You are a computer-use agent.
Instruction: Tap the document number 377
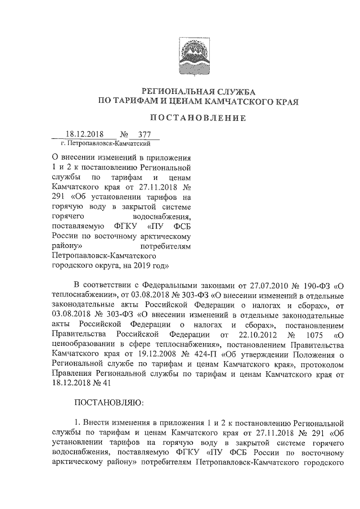click(x=145, y=135)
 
